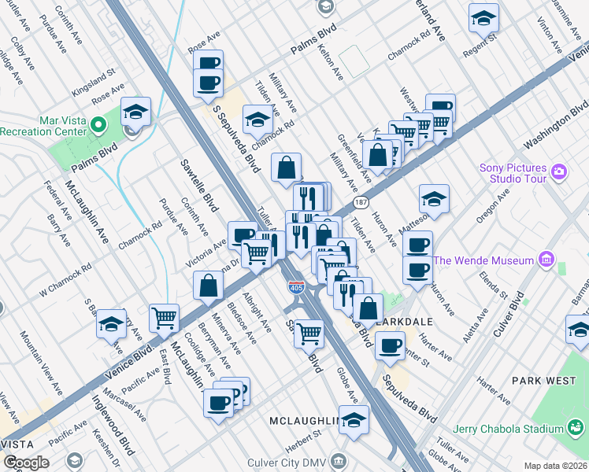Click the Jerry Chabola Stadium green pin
[576, 429]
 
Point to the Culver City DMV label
[291, 459]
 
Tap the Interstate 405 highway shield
[296, 287]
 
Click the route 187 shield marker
[361, 203]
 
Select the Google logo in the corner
[25, 463]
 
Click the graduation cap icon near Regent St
[483, 20]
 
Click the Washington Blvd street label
[556, 126]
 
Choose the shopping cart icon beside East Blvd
[164, 318]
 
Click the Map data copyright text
[556, 466]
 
